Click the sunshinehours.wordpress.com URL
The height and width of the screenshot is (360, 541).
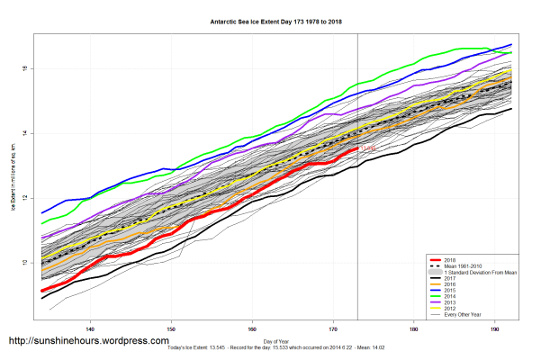[x=88, y=341]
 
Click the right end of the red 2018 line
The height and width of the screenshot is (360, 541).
[x=357, y=148]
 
